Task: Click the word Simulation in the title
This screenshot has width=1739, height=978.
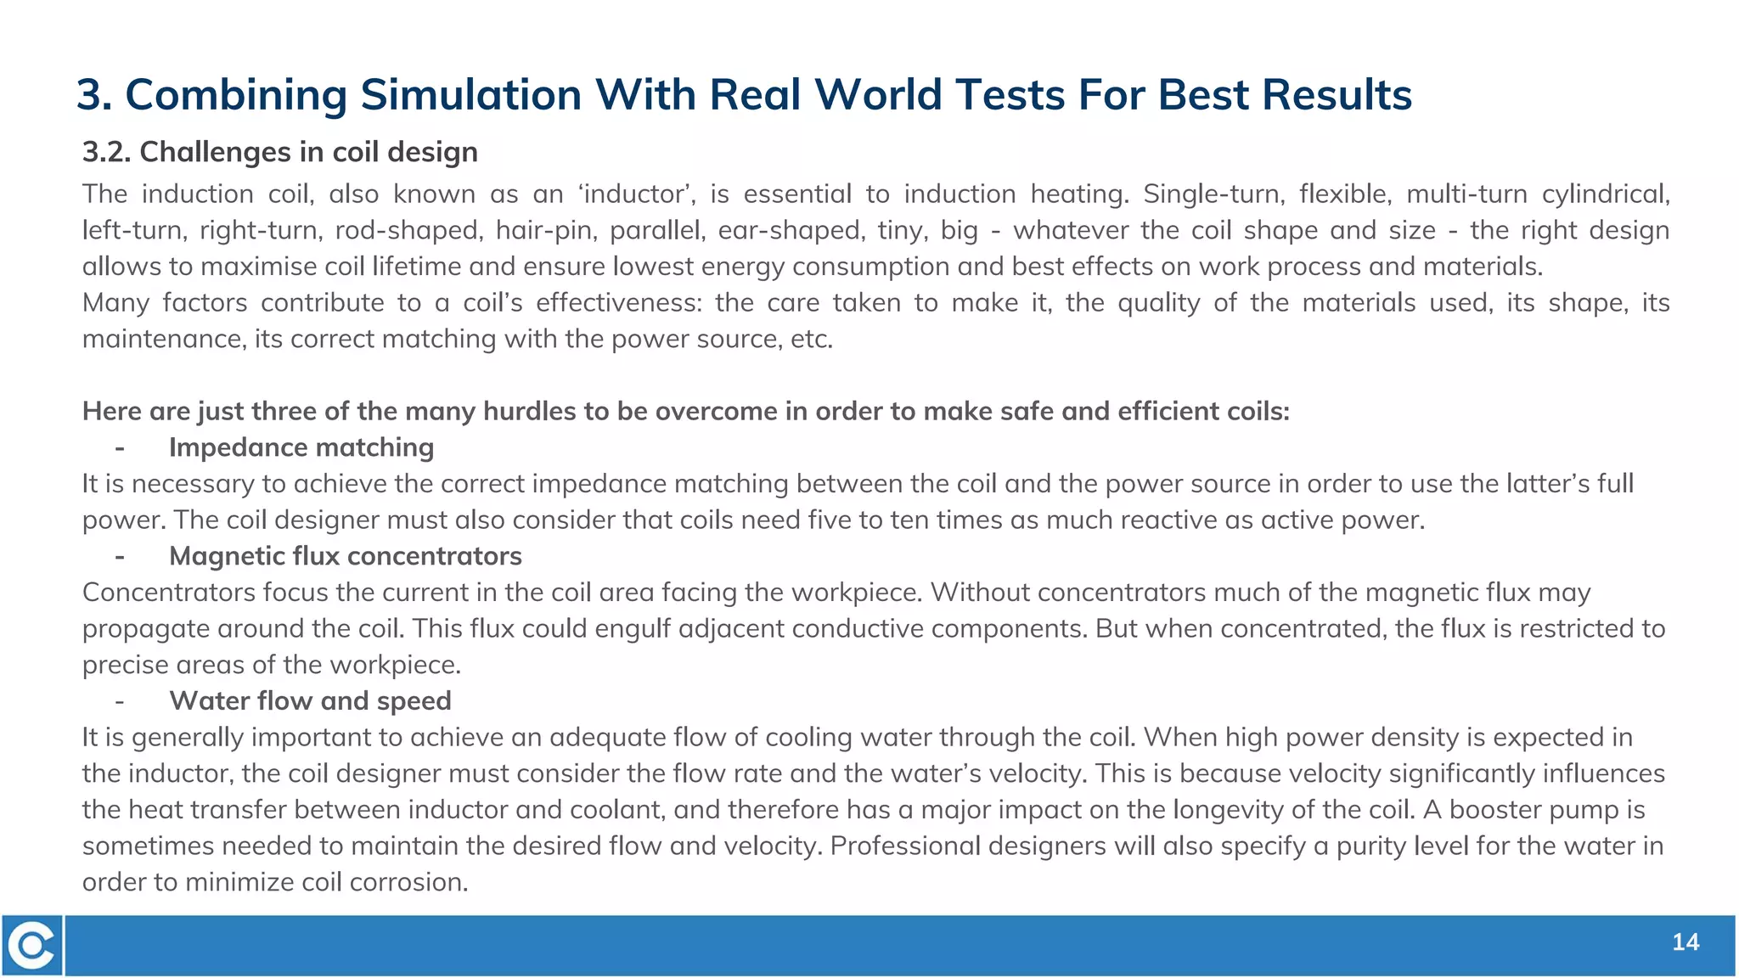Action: coord(470,94)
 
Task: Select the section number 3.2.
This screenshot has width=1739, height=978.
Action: coord(106,152)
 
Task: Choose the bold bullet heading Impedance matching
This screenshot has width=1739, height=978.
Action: coord(301,447)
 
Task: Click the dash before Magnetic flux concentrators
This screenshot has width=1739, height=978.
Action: coord(120,556)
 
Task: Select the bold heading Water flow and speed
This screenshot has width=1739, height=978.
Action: coord(310,701)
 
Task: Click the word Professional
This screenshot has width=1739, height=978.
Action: coord(904,846)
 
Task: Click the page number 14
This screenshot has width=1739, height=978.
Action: coord(1686,942)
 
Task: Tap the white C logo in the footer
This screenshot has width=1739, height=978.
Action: coord(32,945)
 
